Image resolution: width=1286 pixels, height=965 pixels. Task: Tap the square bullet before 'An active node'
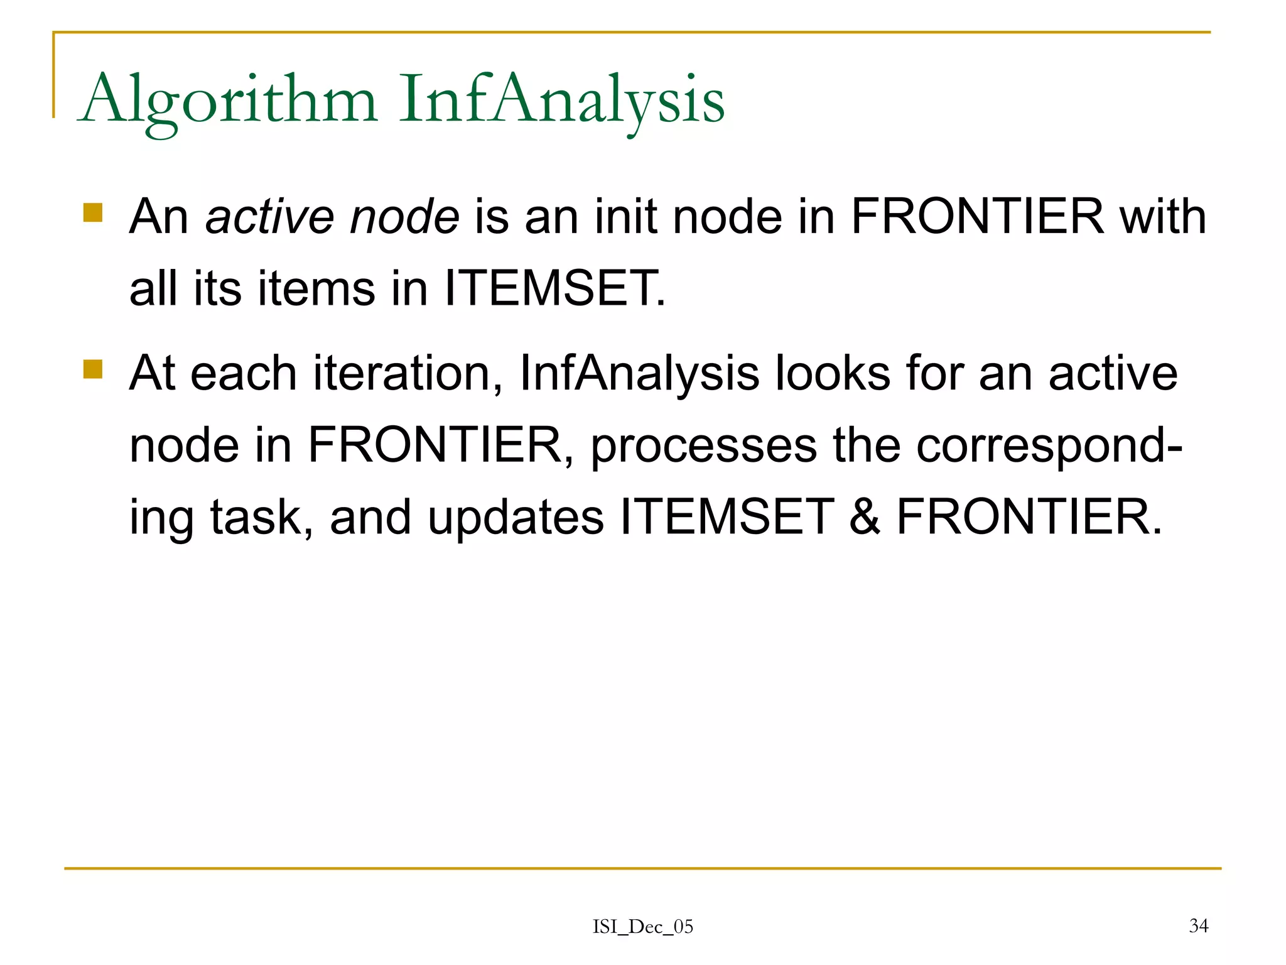tap(93, 212)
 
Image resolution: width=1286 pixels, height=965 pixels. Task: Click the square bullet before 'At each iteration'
tap(93, 369)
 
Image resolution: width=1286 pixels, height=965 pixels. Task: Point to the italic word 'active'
tap(270, 217)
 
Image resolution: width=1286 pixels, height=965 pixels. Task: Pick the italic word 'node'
tap(404, 217)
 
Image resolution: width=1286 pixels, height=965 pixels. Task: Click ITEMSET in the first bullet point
tap(554, 289)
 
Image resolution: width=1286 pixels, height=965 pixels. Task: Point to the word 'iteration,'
tap(408, 373)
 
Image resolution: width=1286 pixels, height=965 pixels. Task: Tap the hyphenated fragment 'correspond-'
tap(1049, 446)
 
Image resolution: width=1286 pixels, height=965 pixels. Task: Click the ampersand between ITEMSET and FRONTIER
tap(865, 518)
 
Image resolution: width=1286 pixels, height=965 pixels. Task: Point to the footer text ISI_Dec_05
tap(643, 927)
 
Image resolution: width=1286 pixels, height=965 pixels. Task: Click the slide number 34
tap(1198, 925)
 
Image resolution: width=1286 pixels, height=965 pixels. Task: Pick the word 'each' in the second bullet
tap(244, 373)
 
